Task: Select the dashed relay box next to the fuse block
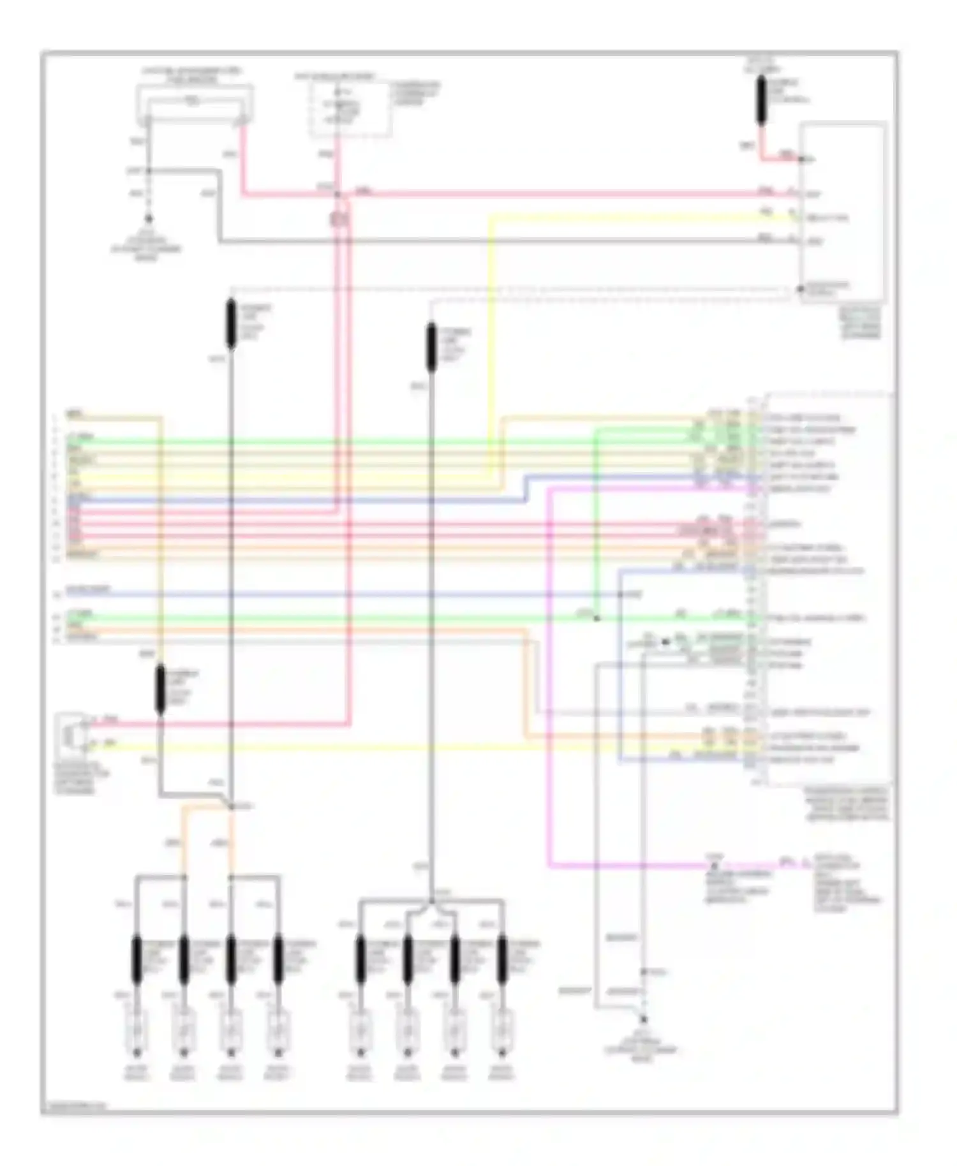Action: point(350,108)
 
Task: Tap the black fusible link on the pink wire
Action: point(761,100)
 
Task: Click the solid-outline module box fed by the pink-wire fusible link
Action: point(843,210)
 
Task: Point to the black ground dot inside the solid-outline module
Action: point(800,289)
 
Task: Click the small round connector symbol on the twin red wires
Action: point(340,220)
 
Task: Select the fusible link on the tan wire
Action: point(161,689)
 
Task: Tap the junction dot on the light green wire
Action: point(597,618)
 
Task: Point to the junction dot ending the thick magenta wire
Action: point(714,866)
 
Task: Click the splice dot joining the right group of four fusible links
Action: point(432,901)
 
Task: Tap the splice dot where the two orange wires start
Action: point(231,807)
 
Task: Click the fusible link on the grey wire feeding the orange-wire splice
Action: point(231,324)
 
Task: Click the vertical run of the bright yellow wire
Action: point(492,344)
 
